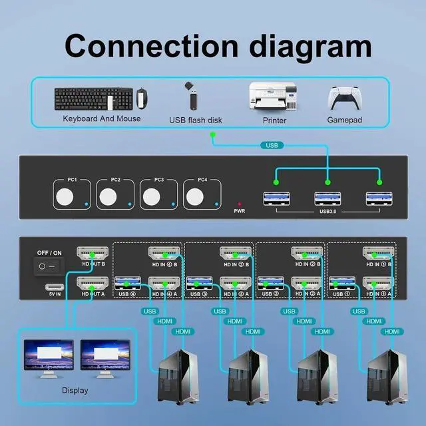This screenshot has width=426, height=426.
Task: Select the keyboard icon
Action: coord(91,99)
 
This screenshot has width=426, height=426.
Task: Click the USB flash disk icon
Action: coord(191,97)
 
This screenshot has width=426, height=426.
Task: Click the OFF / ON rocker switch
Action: coord(47,266)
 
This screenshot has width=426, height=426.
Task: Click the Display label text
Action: coord(75,391)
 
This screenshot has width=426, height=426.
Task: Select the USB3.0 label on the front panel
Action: coord(327,214)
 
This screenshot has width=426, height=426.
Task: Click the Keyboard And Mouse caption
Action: coord(102,118)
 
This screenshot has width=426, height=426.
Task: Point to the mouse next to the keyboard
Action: coord(141,99)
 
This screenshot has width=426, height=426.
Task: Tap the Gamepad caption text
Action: coord(344,120)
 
